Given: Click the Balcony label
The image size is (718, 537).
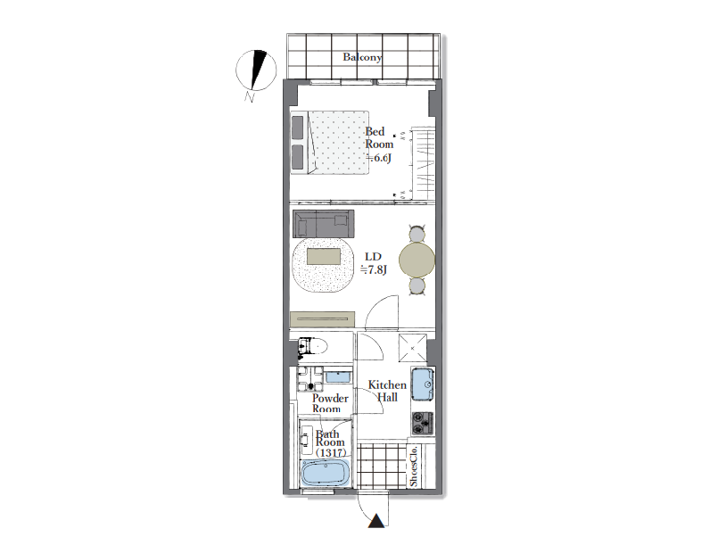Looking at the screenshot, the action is coord(362,57).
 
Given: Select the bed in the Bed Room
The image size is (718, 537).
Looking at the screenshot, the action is coord(330,143).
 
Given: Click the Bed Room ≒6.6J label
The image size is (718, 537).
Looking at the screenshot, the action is coord(379,145).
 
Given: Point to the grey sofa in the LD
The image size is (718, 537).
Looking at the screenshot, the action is coord(323,223).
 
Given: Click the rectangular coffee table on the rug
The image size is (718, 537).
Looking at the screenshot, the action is coord(324,256).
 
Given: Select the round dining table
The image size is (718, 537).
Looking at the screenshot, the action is coord(417,260).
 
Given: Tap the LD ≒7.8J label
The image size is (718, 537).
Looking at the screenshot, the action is coord(374,263).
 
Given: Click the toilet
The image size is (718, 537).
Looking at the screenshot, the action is coord(312,347).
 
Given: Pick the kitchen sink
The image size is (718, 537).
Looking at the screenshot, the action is coord(422,384).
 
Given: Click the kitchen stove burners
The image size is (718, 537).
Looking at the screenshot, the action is coord(422,423).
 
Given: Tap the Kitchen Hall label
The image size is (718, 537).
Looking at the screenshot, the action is coord(387,391).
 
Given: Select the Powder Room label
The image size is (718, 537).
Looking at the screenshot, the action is coord(330,403).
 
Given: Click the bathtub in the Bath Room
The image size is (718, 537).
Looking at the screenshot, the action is coord(326,474).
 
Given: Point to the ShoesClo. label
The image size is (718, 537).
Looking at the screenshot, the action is coord(414,466).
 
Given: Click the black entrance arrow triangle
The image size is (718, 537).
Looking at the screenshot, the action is coord(376,521).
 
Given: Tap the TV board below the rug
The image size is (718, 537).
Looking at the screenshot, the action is coord(322,319).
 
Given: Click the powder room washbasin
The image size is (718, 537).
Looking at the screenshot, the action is coord(338,377).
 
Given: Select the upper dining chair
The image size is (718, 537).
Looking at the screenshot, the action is coord(417,234).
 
